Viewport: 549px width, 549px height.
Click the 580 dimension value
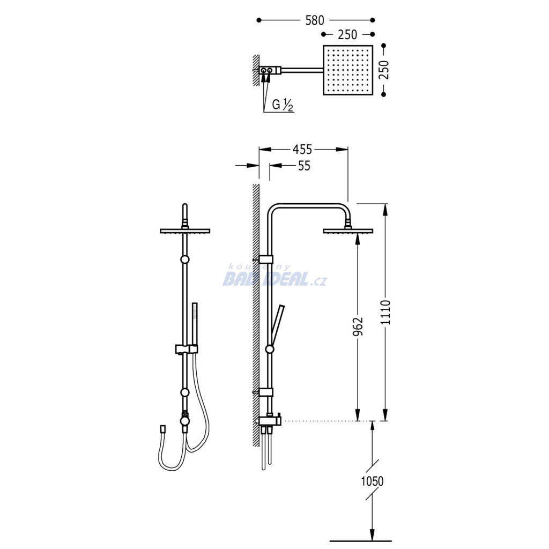[315, 20]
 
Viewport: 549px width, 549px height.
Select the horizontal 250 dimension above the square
[347, 34]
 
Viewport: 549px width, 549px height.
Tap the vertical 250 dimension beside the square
[384, 70]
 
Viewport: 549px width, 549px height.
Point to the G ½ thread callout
[283, 105]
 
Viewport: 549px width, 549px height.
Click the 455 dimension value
[302, 150]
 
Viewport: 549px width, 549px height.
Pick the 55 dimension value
[304, 166]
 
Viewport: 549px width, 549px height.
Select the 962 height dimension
[358, 327]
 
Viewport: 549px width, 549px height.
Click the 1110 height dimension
[385, 312]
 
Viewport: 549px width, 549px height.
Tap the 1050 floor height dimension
[372, 481]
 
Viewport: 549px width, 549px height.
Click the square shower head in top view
[347, 70]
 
